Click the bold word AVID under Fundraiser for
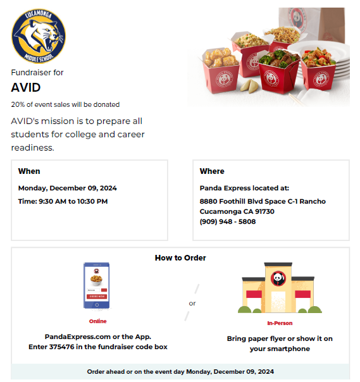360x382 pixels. click(x=26, y=87)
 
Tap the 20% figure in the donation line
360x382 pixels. click(x=17, y=104)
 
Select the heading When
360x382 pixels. click(x=29, y=171)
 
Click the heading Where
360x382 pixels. click(x=212, y=171)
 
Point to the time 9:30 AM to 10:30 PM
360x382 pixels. click(x=73, y=201)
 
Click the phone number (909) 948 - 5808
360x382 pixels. click(x=228, y=222)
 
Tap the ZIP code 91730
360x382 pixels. click(x=262, y=212)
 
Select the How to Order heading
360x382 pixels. click(x=180, y=258)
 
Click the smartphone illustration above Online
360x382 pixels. click(x=96, y=286)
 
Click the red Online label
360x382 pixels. click(x=97, y=321)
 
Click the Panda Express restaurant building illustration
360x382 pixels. click(x=278, y=288)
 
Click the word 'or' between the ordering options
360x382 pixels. click(x=192, y=303)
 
